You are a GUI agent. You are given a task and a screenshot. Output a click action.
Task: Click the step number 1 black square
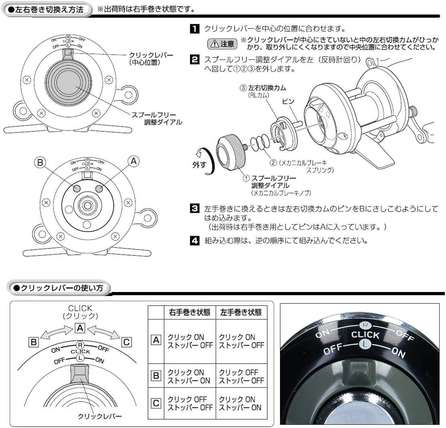[194, 29]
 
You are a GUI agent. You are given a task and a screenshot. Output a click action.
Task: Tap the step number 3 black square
[194, 208]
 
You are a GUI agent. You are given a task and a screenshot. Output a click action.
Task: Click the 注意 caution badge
[222, 44]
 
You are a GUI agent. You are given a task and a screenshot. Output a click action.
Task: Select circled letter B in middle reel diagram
[40, 162]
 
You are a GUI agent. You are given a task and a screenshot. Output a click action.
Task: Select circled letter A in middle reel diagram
[134, 161]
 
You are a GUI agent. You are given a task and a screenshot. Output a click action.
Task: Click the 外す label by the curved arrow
[199, 164]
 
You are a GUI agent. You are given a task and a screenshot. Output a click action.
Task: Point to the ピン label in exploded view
[288, 101]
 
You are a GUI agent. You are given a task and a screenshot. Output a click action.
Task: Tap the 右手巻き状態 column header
[190, 312]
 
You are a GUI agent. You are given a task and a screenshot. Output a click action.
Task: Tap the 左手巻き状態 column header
[241, 312]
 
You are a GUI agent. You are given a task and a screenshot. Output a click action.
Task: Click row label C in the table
[156, 403]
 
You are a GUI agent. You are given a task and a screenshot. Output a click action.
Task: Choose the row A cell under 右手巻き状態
[190, 341]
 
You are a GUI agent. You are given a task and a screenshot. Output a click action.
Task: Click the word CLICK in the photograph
[366, 335]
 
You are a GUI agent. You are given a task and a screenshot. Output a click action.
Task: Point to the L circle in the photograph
[365, 344]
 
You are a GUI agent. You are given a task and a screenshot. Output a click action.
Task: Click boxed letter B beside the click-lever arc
[34, 342]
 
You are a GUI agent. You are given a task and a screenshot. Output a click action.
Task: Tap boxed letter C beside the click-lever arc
[126, 342]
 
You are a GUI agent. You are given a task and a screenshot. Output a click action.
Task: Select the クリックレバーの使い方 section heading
[59, 288]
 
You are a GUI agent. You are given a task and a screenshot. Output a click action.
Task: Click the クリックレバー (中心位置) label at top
[151, 58]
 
